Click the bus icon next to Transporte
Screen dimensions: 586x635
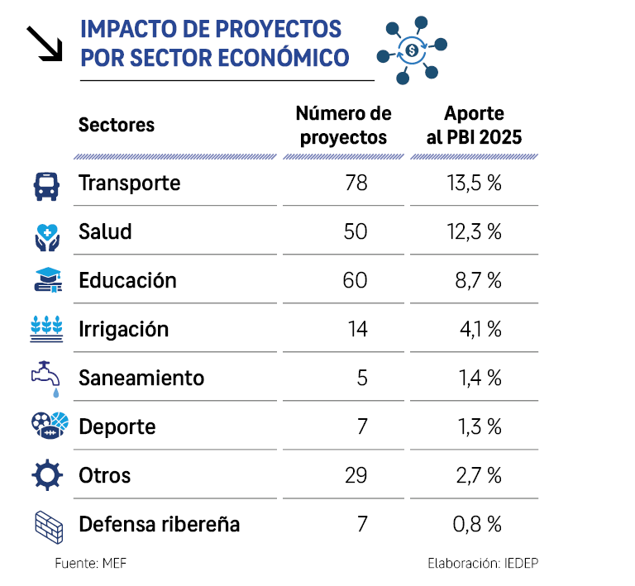pos(45,185)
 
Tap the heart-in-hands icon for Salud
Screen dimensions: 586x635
pos(45,233)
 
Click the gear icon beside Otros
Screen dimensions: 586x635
pos(45,475)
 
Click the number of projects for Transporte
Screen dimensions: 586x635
pos(356,183)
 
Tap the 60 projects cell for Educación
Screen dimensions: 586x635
pos(355,281)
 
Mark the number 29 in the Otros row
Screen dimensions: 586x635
pos(355,476)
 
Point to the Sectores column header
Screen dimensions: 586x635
pos(117,126)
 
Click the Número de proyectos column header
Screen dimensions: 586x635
pos(343,126)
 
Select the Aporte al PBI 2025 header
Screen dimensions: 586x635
pos(474,126)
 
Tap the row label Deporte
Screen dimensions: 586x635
pos(117,427)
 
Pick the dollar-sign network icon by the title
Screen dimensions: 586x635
pos(412,50)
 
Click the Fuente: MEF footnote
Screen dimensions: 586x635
pos(91,564)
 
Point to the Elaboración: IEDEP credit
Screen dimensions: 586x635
pos(484,564)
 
